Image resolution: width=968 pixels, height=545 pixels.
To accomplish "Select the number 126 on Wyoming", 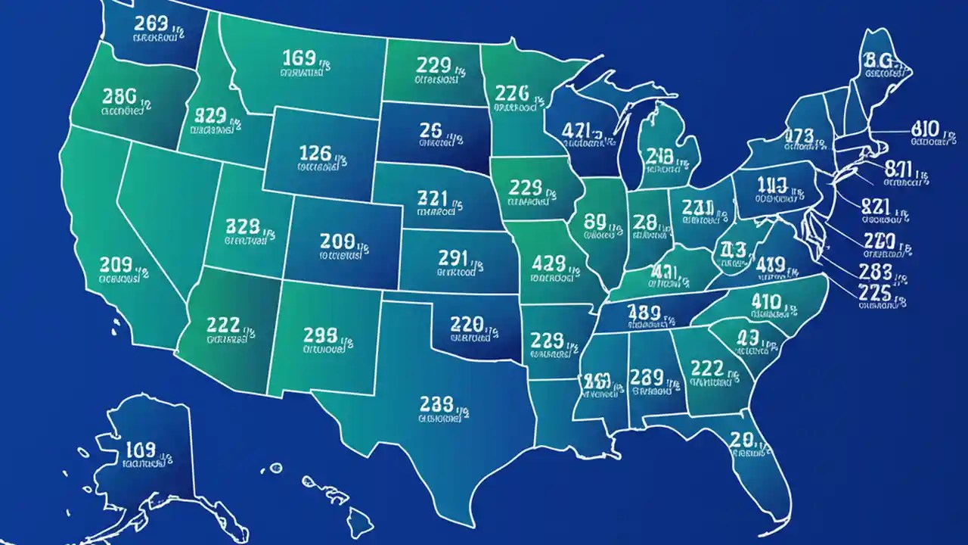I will point(315,153).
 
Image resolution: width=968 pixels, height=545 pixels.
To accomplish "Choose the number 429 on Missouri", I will point(548,263).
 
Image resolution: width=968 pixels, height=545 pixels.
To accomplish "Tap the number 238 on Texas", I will point(436,402).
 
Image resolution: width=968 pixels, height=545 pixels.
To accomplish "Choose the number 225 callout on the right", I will point(874,292).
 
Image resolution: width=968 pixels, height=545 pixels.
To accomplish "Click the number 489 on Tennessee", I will point(645,311).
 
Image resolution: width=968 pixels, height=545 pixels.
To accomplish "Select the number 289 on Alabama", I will point(647,376).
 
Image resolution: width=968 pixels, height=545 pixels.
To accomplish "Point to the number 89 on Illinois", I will point(595,220).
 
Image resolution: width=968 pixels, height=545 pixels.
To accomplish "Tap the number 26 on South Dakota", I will point(430,129).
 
